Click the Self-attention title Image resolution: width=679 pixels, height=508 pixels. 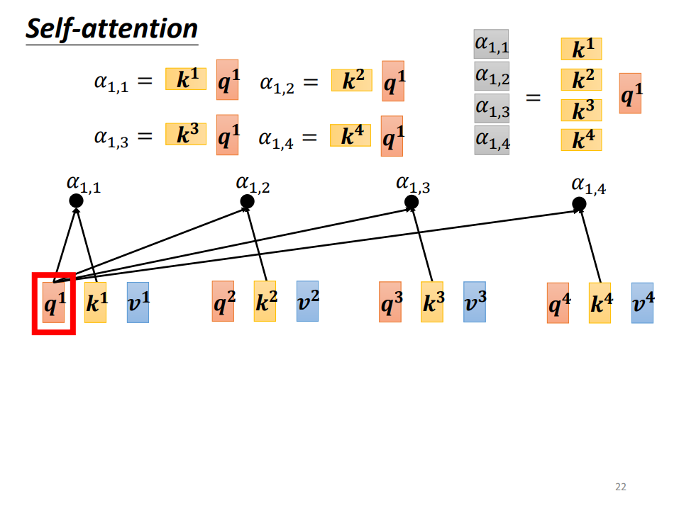coord(111,29)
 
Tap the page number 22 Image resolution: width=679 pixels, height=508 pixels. coord(621,487)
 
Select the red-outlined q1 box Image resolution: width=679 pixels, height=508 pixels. coord(54,303)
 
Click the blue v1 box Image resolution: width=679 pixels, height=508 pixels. coord(138,303)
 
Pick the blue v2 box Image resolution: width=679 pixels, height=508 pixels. coord(307,301)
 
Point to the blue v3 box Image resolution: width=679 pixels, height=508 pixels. coord(475,302)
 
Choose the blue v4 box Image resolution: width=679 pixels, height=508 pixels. coord(642,303)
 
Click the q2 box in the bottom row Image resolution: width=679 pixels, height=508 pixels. coord(223,301)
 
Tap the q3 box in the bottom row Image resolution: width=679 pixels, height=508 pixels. coord(390,302)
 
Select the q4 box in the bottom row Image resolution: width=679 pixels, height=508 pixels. coord(558,303)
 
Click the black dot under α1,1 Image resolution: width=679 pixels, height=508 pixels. coord(76,201)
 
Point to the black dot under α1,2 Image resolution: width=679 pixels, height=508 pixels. coord(247,201)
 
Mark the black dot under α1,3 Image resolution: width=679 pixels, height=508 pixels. coord(412,202)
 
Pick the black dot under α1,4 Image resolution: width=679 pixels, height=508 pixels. coord(579,203)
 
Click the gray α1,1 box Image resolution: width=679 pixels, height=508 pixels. coord(492,44)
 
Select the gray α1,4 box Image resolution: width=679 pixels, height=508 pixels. coord(492,140)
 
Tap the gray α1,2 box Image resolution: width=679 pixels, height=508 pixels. coord(492,76)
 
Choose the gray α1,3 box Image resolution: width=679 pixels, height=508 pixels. coord(492,108)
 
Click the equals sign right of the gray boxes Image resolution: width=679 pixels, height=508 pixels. coord(533,98)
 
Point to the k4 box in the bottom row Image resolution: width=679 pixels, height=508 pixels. coord(600,303)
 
